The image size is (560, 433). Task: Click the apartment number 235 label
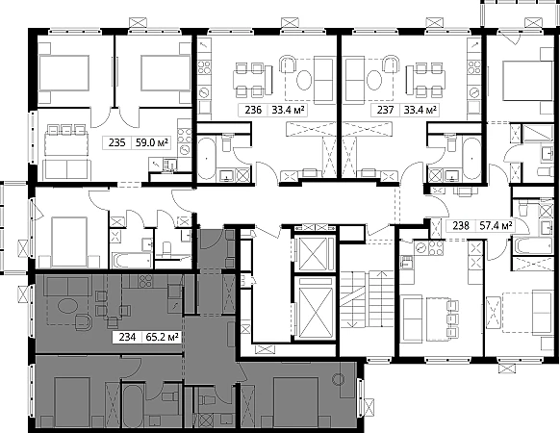tap(116, 143)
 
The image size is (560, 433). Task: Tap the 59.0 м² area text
tap(151, 143)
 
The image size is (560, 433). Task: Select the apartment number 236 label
tap(253, 110)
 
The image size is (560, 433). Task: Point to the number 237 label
tap(385, 110)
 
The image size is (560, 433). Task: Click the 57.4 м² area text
tap(496, 226)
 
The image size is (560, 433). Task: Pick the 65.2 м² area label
tap(163, 337)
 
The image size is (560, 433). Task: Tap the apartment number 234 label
tap(127, 337)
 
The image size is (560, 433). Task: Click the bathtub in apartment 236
tap(207, 158)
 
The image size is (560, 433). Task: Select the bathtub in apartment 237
tap(472, 158)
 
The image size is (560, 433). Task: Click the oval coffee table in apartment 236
tap(304, 80)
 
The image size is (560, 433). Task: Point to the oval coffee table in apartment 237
tap(374, 80)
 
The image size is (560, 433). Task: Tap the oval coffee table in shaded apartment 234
tap(67, 307)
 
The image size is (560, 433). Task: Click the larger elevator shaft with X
tap(314, 308)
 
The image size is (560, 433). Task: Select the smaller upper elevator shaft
tap(314, 253)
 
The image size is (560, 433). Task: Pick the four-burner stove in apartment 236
tap(205, 67)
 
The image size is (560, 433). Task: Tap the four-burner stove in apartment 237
tap(474, 67)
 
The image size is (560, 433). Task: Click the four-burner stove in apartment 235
tap(185, 136)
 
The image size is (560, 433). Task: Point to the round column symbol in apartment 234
tap(338, 379)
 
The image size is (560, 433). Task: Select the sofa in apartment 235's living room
tap(66, 169)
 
